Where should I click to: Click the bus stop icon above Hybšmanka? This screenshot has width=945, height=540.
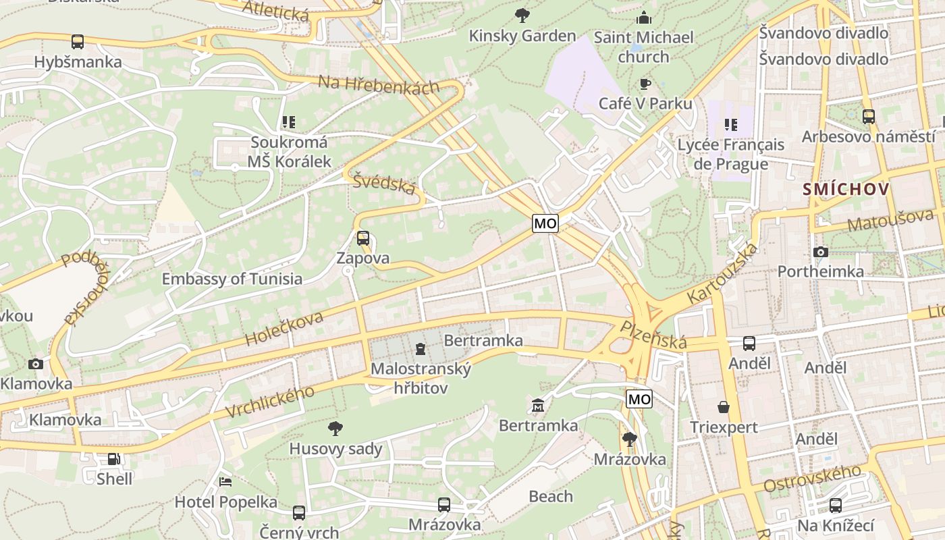coord(78,42)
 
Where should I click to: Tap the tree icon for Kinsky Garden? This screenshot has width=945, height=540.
coord(522,15)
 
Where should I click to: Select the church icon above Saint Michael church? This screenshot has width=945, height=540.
coord(644,17)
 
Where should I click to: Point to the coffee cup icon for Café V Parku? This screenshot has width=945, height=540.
coord(645,84)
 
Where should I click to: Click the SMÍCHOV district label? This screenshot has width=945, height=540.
coord(846,189)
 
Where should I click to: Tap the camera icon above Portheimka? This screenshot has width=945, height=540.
coord(820,252)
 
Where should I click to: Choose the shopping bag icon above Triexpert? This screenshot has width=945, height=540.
coord(724,407)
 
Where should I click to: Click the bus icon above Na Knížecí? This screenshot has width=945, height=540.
coord(836,505)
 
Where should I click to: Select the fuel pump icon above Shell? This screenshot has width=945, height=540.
coord(114,459)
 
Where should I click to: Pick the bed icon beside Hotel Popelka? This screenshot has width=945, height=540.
coord(225,482)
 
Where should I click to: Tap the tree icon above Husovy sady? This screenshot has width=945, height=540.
coord(335,428)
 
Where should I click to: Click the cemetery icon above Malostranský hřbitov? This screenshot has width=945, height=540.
coord(421,349)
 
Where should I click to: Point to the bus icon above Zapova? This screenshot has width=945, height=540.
coord(363,238)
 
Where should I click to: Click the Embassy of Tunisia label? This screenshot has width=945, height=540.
coord(232,279)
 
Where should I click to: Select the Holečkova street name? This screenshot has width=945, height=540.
coord(284,329)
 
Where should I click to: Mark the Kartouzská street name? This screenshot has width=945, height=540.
coord(722,273)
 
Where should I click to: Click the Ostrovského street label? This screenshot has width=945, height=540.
coord(813,479)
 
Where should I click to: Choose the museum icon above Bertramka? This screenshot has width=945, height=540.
coord(538,405)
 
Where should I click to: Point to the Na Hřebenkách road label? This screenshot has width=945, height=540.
coord(378,84)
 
